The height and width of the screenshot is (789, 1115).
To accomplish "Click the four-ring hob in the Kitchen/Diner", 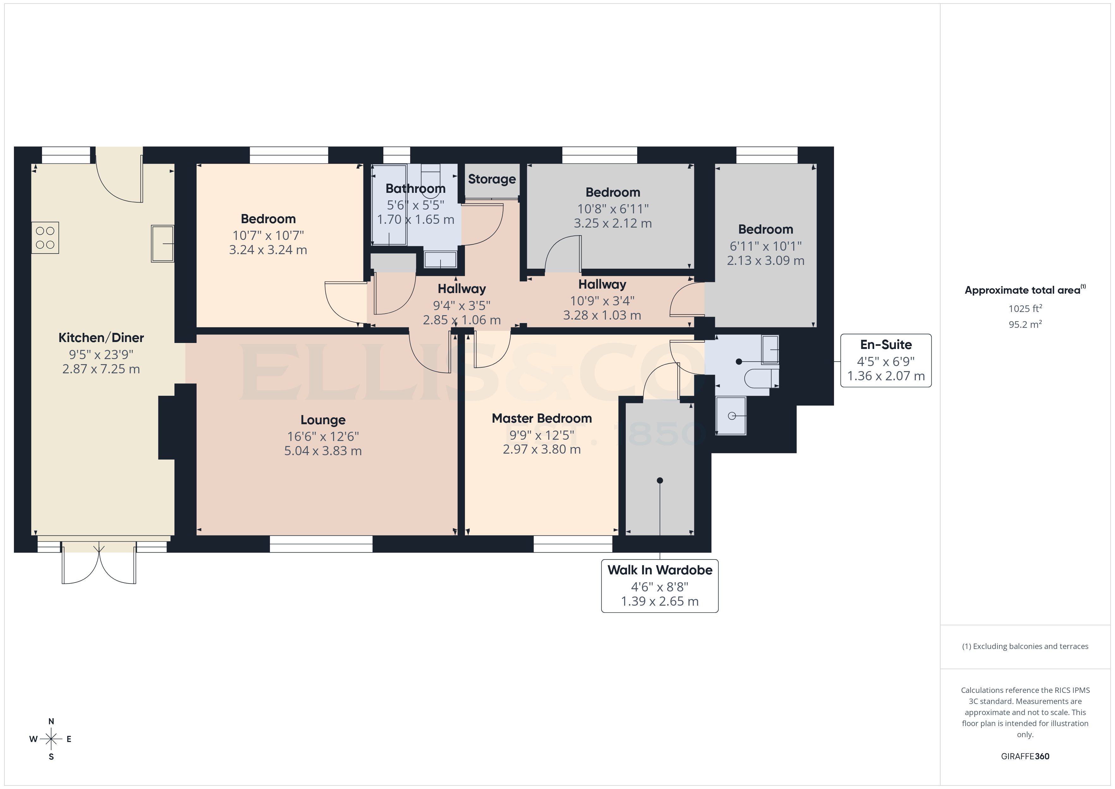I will [x=45, y=238].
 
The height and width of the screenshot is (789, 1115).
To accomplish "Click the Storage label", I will [x=491, y=179].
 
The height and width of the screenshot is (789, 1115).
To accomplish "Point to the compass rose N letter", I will [x=51, y=721].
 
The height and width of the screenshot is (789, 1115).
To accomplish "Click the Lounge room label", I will [x=323, y=420].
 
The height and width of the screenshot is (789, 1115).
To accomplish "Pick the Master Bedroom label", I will [x=541, y=418].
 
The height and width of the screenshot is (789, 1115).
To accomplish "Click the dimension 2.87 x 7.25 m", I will [x=101, y=369].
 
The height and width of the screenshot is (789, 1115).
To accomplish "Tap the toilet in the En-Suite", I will [x=760, y=378].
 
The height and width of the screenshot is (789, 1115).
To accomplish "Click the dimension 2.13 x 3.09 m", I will [x=765, y=261].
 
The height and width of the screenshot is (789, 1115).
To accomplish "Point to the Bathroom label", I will [x=415, y=188].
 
